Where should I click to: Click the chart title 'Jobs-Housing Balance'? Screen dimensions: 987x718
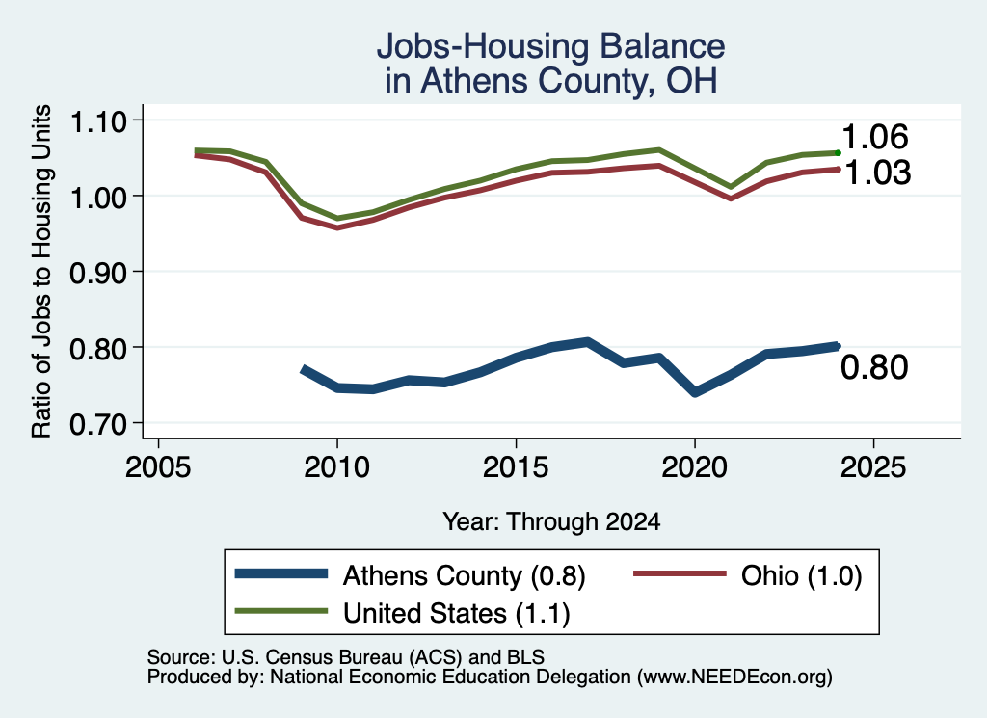tap(550, 46)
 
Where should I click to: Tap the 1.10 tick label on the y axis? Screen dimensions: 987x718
tap(97, 121)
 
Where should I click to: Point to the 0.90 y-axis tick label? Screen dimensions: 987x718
tap(97, 273)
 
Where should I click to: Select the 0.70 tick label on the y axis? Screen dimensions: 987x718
tap(97, 424)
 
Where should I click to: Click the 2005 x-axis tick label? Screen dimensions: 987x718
tap(158, 466)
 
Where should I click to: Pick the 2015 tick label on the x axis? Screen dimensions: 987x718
tap(516, 466)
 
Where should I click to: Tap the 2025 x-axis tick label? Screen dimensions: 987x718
tap(873, 466)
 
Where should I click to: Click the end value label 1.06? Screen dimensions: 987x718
tap(875, 137)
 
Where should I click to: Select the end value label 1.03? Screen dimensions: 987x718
tap(877, 173)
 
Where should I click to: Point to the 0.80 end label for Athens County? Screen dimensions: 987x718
tap(874, 367)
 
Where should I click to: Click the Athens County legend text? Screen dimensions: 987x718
tap(464, 575)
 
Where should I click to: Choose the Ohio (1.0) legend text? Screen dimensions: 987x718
tap(801, 575)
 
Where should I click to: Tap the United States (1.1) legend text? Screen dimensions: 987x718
tap(456, 613)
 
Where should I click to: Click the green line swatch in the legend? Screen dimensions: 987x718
tap(281, 611)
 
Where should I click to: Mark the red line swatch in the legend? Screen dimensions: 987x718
tap(680, 573)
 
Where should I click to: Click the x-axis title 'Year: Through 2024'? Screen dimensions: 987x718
tap(551, 521)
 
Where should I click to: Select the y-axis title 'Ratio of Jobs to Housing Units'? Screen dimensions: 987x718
tap(41, 271)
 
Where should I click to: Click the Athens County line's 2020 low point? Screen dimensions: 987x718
tap(695, 392)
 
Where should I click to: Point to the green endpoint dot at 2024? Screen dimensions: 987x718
tap(838, 153)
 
